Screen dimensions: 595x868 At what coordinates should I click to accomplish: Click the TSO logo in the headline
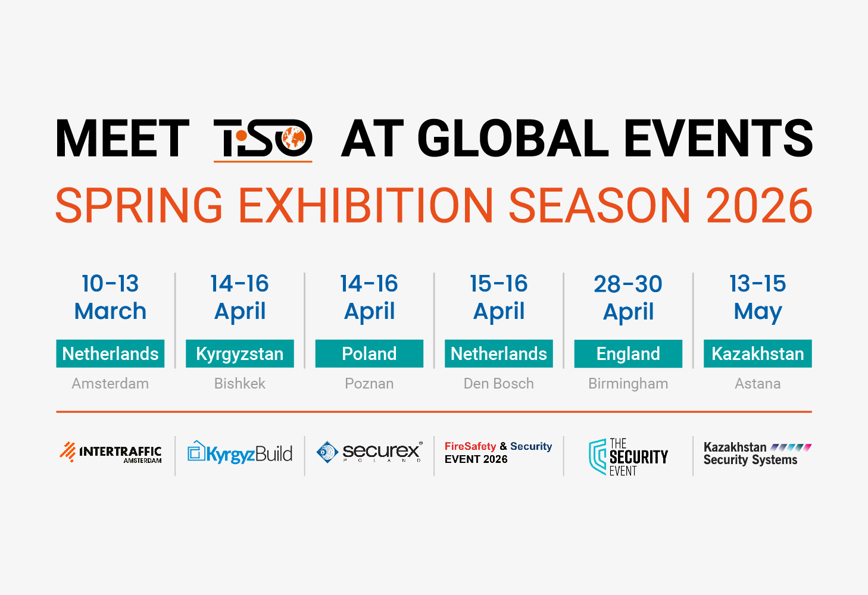(263, 139)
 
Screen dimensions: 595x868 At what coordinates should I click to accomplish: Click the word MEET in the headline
(123, 139)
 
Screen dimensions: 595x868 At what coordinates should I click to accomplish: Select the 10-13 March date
(110, 297)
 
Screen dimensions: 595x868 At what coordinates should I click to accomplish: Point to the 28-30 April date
(628, 297)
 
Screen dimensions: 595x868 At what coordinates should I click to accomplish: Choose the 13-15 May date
(757, 297)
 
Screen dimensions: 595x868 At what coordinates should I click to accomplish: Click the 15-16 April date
(498, 297)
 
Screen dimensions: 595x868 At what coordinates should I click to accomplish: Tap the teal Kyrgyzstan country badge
(239, 353)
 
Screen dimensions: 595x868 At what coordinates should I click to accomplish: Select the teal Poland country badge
(369, 353)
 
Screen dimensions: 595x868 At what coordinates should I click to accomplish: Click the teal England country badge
(628, 353)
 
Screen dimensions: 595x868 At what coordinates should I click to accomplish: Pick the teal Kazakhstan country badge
(757, 353)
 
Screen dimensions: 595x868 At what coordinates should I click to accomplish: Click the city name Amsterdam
(110, 384)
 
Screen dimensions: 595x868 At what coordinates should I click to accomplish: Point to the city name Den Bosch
(498, 384)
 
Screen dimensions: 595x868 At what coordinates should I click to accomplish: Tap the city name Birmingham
(628, 384)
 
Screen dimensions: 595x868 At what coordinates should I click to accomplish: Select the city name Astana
(757, 384)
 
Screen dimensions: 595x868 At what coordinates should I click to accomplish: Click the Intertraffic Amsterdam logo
(111, 453)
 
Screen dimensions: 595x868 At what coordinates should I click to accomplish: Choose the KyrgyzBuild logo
(240, 453)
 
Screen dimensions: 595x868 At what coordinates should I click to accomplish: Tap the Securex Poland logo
(369, 453)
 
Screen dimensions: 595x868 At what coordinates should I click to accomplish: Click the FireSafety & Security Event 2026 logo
(498, 453)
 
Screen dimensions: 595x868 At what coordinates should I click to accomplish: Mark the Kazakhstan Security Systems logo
(757, 453)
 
